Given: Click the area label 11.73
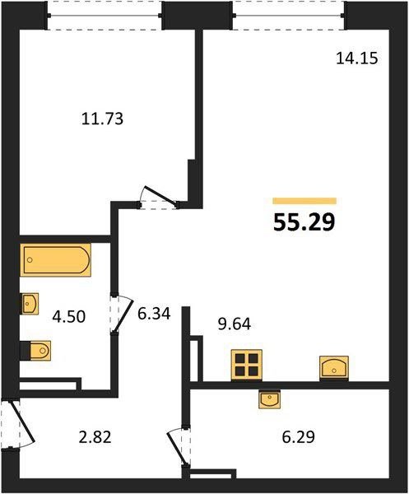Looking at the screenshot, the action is click(x=102, y=119).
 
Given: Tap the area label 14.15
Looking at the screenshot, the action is click(x=356, y=58).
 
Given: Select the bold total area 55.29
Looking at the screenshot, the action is click(x=304, y=222).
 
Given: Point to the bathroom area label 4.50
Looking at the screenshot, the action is click(x=69, y=317).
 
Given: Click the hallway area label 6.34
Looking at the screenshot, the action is click(x=154, y=314).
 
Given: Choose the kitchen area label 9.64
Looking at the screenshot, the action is click(x=235, y=324).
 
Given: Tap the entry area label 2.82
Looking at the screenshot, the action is click(x=95, y=437).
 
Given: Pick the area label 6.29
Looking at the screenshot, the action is click(x=299, y=437).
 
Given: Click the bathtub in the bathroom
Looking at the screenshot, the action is click(x=55, y=260).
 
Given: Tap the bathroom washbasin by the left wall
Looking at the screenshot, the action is click(x=30, y=304).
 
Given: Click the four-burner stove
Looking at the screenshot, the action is click(x=247, y=365).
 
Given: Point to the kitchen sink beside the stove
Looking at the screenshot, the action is click(x=334, y=368).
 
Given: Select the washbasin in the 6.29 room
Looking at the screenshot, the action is click(x=270, y=399).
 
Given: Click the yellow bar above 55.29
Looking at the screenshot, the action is click(x=304, y=201).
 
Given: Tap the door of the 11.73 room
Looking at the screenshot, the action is click(x=160, y=197).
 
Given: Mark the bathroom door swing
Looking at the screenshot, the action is click(x=122, y=314).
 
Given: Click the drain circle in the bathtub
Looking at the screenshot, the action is click(x=30, y=260).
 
